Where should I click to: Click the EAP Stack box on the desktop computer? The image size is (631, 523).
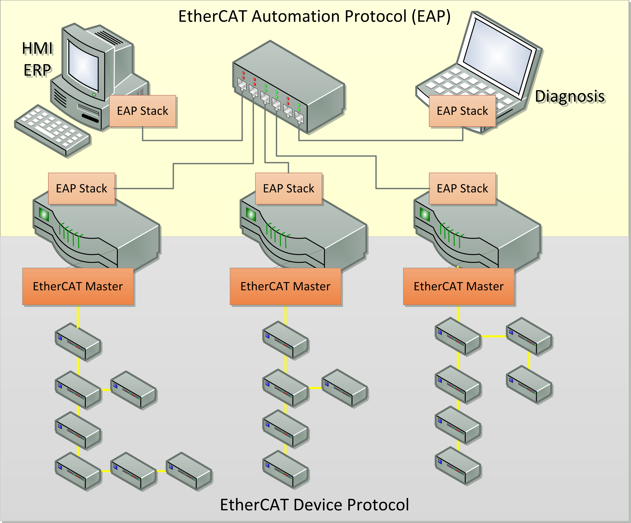[x=142, y=111]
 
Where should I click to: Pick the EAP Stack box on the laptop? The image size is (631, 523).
[x=462, y=111]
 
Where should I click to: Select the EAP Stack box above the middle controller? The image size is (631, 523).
[x=288, y=189]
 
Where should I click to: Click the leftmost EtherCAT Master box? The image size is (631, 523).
[x=78, y=286]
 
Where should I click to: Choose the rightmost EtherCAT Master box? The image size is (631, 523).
[x=459, y=286]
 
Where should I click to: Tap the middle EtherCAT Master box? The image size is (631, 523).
[x=285, y=286]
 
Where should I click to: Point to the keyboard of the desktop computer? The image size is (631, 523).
[x=53, y=131]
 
